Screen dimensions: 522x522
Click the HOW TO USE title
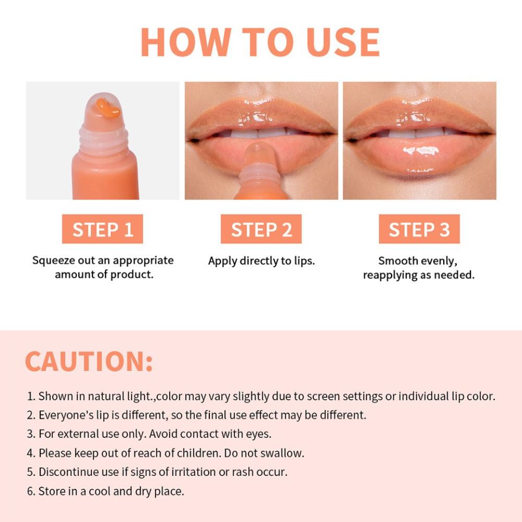coord(260,42)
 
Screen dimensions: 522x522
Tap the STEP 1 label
coord(102,229)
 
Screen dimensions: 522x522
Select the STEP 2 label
coord(261,229)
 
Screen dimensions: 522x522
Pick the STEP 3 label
coord(419,229)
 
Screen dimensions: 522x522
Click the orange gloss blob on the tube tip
coord(108,108)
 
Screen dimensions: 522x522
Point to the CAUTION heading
coord(89,362)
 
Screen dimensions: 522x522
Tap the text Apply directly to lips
coord(262,260)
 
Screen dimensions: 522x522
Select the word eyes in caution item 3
coord(259,434)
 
